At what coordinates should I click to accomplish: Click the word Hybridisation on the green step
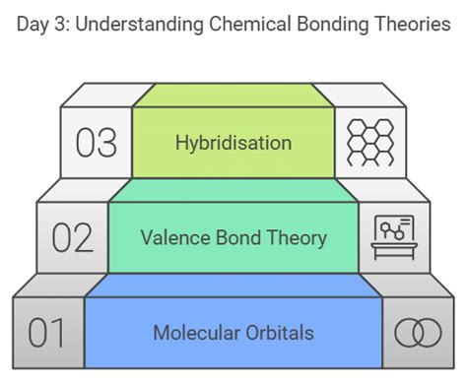(233, 143)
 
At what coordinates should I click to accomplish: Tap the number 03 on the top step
(96, 144)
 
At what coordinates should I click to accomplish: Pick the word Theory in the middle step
(293, 237)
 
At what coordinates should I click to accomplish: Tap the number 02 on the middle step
(72, 238)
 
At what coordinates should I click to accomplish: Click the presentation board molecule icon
(393, 235)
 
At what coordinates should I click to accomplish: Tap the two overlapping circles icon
(418, 333)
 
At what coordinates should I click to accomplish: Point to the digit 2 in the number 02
(84, 238)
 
